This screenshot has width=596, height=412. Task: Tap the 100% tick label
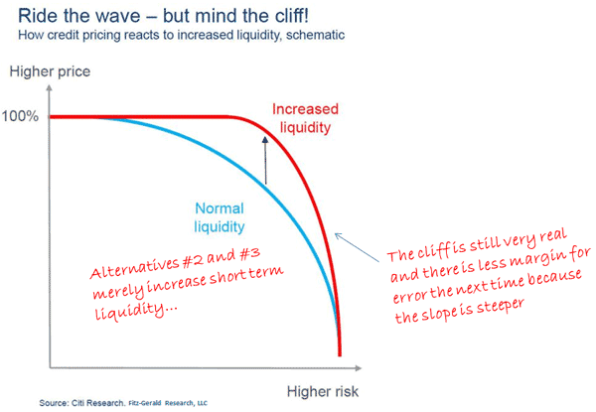tap(20, 116)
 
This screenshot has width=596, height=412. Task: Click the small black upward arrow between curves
tap(266, 160)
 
